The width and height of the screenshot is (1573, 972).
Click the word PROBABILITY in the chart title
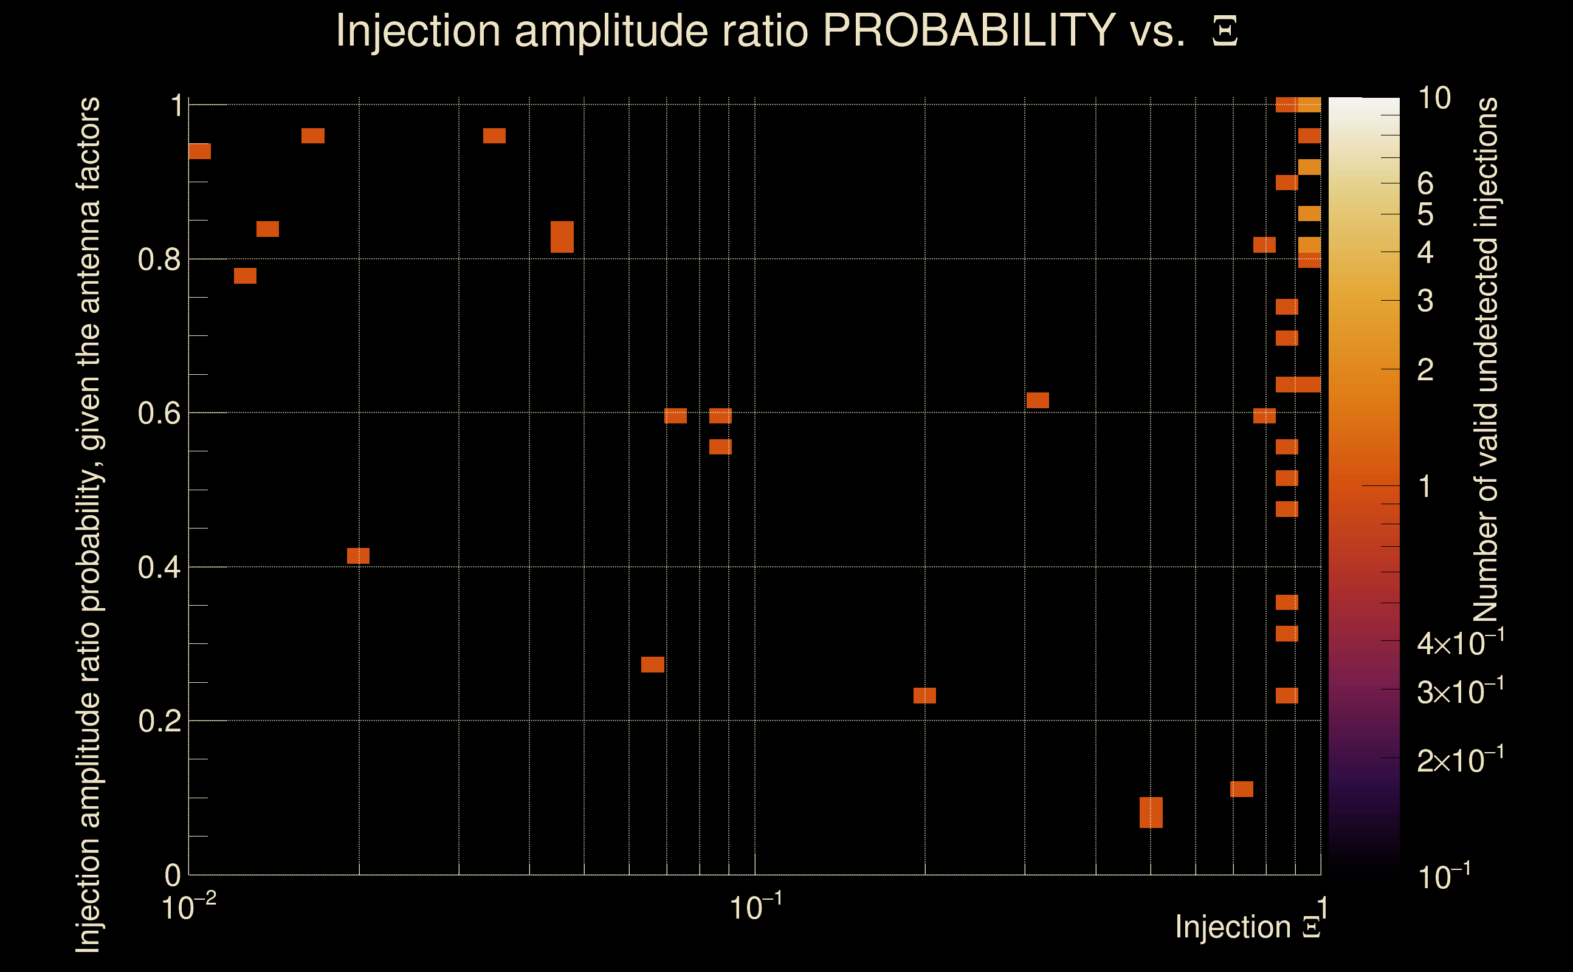pos(969,30)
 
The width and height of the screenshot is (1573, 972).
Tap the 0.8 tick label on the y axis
pos(159,260)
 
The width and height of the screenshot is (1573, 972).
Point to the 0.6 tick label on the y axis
pos(159,413)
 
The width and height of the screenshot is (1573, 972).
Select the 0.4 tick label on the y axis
pos(159,567)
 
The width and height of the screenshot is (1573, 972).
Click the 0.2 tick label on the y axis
pos(159,721)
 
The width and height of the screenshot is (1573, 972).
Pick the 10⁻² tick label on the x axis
pos(188,908)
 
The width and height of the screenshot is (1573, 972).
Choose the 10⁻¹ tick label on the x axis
pos(755,908)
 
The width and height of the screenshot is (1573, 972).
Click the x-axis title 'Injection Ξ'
pos(1248,927)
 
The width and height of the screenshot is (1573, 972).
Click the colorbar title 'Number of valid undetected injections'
pos(1485,360)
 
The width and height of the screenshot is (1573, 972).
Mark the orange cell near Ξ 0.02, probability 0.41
pos(358,556)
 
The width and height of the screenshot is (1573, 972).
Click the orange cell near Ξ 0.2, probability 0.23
pos(924,696)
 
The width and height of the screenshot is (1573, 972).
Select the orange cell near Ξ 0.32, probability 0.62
pos(1038,400)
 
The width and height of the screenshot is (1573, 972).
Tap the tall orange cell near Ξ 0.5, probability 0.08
pos(1151,813)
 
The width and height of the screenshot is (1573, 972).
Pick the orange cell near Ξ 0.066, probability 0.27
pos(653,665)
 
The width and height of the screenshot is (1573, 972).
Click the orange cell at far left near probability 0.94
pos(199,151)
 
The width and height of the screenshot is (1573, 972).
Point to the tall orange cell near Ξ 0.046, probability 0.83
pos(562,236)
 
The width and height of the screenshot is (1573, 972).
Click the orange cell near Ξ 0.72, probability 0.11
pos(1241,789)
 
